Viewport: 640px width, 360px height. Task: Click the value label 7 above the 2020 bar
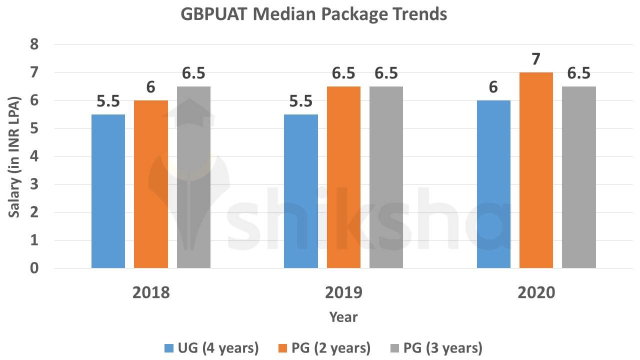pos(536,59)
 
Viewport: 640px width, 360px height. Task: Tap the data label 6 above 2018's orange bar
pos(151,87)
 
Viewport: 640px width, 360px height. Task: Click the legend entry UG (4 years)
pos(211,347)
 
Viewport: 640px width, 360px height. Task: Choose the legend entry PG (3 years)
pos(434,347)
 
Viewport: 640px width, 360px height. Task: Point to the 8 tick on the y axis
pos(34,44)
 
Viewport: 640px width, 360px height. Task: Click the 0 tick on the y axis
pos(34,268)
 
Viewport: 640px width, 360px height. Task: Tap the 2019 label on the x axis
pos(343,292)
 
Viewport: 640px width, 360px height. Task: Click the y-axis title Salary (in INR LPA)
pos(14,156)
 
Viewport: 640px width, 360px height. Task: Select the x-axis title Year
pos(343,317)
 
